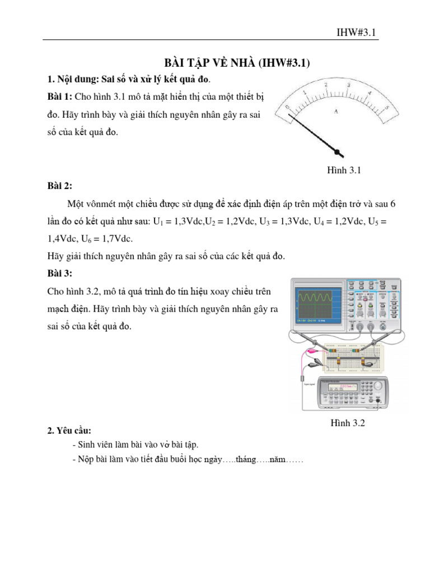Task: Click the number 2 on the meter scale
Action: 326,84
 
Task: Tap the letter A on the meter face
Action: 336,112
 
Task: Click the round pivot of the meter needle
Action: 338,151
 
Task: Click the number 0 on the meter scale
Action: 287,107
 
